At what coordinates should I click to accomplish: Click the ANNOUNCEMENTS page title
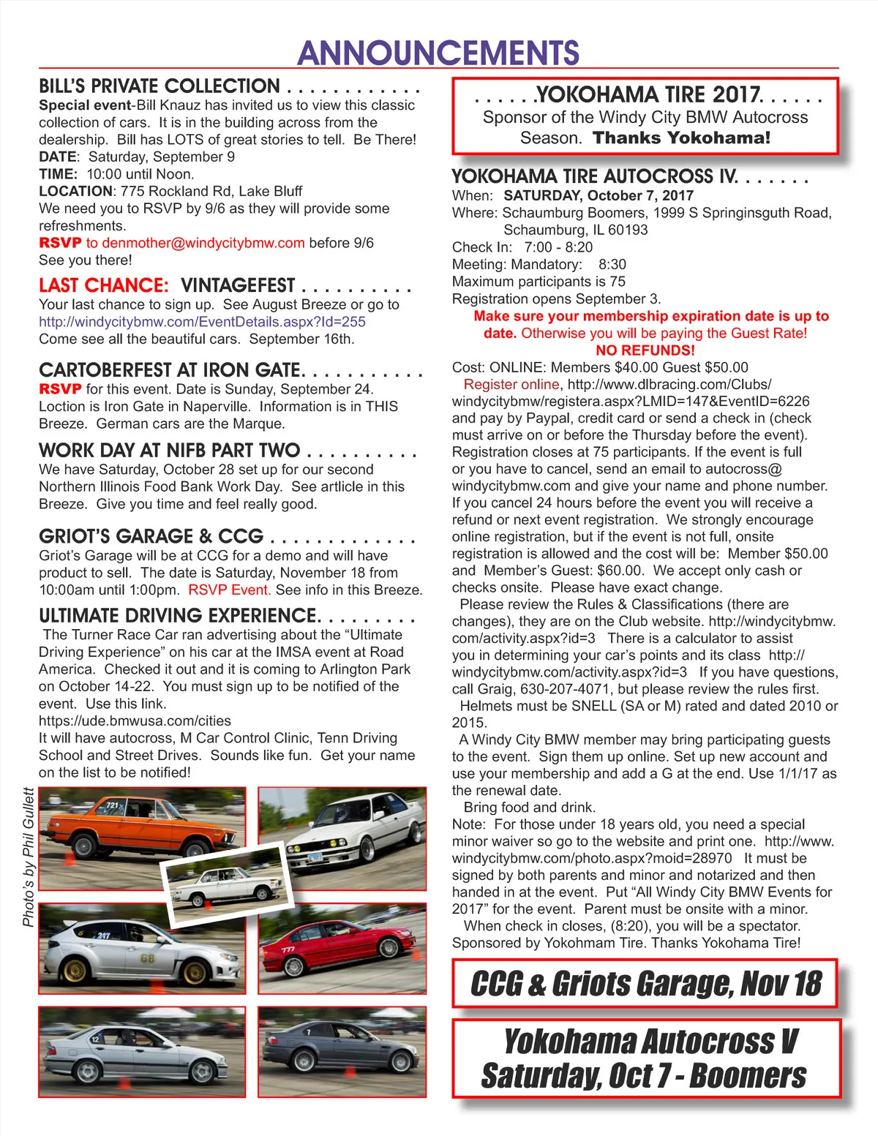[438, 53]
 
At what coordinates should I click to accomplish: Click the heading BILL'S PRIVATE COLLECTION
[160, 86]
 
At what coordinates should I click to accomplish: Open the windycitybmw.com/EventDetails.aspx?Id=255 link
[202, 322]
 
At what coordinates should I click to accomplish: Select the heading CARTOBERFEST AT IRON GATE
[170, 370]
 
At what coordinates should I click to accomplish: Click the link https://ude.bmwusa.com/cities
[135, 721]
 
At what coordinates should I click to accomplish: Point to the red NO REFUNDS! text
[645, 350]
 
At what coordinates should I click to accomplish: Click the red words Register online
[511, 385]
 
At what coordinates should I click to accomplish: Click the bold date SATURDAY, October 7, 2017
[598, 195]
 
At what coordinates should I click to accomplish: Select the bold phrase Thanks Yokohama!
[681, 138]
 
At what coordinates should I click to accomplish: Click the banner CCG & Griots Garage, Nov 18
[645, 984]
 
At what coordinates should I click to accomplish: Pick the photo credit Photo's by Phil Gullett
[29, 857]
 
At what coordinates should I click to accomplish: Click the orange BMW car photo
[139, 827]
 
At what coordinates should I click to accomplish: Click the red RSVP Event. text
[229, 590]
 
